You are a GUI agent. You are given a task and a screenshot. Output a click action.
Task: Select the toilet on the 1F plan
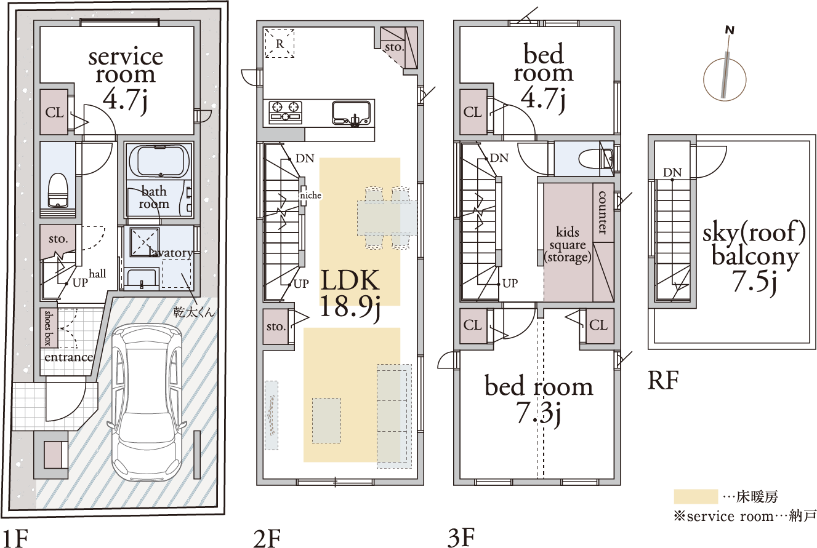pyautogui.click(x=58, y=190)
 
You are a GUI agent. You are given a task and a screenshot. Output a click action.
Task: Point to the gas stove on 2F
pyautogui.click(x=286, y=112)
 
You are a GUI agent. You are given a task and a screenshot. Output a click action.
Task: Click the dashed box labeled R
pyautogui.click(x=280, y=43)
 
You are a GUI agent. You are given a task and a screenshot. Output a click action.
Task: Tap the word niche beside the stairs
pyautogui.click(x=311, y=196)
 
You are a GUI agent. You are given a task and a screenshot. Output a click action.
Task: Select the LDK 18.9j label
pyautogui.click(x=350, y=295)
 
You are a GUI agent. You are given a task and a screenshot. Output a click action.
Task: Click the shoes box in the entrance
pyautogui.click(x=49, y=328)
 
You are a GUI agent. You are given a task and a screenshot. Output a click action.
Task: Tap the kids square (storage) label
pyautogui.click(x=568, y=245)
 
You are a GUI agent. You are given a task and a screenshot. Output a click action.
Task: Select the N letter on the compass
pyautogui.click(x=730, y=31)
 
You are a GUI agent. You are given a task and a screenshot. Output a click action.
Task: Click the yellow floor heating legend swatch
pyautogui.click(x=696, y=496)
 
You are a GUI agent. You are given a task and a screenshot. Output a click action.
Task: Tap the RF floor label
pyautogui.click(x=662, y=380)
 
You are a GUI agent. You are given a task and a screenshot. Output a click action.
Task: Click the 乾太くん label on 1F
pyautogui.click(x=194, y=312)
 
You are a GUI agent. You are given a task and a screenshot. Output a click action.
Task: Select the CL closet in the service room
pyautogui.click(x=54, y=112)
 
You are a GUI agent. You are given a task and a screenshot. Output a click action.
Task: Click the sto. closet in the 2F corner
pyautogui.click(x=399, y=47)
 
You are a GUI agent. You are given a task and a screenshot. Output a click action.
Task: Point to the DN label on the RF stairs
pyautogui.click(x=672, y=172)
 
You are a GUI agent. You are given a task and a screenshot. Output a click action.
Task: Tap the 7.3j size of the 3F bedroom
pyautogui.click(x=539, y=415)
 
